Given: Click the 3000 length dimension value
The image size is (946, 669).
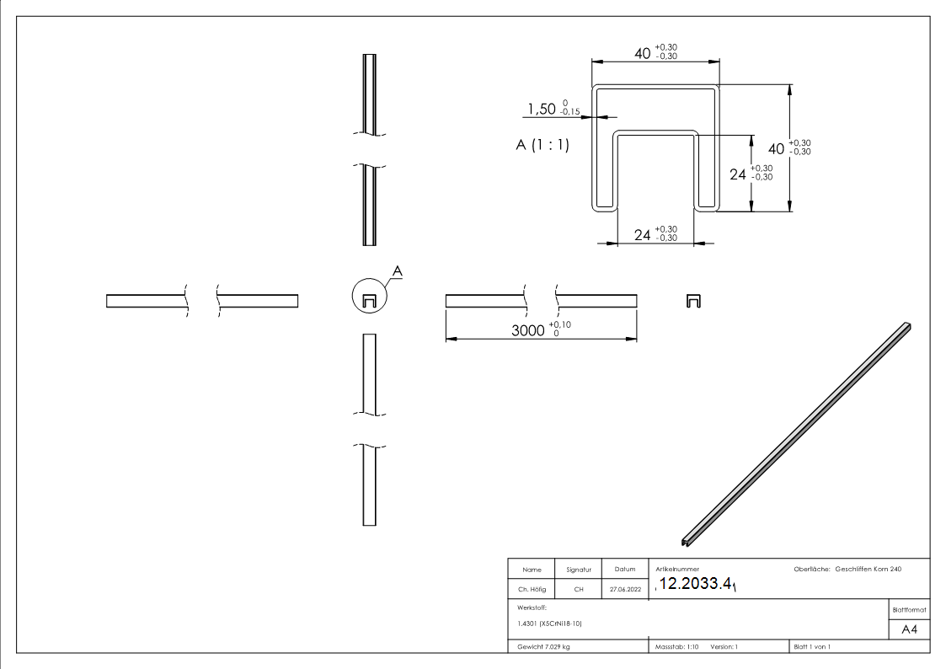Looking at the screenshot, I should click(x=528, y=330).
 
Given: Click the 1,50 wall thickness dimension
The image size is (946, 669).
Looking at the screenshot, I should click(x=542, y=109).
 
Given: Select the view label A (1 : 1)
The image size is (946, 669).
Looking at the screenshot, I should click(x=542, y=145).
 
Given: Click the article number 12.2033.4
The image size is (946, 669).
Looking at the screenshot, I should click(x=696, y=584).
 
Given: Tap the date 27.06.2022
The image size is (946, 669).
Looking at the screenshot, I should click(x=625, y=590).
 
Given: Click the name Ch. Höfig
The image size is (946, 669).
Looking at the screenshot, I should click(x=532, y=590).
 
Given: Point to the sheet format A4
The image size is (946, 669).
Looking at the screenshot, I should click(x=910, y=629).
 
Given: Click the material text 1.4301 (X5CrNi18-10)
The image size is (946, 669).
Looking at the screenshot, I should click(x=550, y=624).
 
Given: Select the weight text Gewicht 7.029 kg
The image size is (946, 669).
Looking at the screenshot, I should click(x=544, y=647).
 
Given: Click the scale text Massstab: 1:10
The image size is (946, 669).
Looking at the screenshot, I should click(x=677, y=647).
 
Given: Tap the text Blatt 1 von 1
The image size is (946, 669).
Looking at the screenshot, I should click(x=812, y=647).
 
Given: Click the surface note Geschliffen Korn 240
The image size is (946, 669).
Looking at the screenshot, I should click(x=868, y=570).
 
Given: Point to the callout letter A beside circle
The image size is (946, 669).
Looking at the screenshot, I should click(x=398, y=270).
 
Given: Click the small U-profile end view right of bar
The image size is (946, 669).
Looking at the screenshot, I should click(x=694, y=301).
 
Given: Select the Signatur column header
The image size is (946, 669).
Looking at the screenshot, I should click(x=579, y=570).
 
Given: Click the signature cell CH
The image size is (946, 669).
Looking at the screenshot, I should click(x=579, y=590).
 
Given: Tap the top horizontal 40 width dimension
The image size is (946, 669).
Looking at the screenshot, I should click(x=643, y=53).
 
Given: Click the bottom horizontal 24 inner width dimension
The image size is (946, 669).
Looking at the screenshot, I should click(x=643, y=235).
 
